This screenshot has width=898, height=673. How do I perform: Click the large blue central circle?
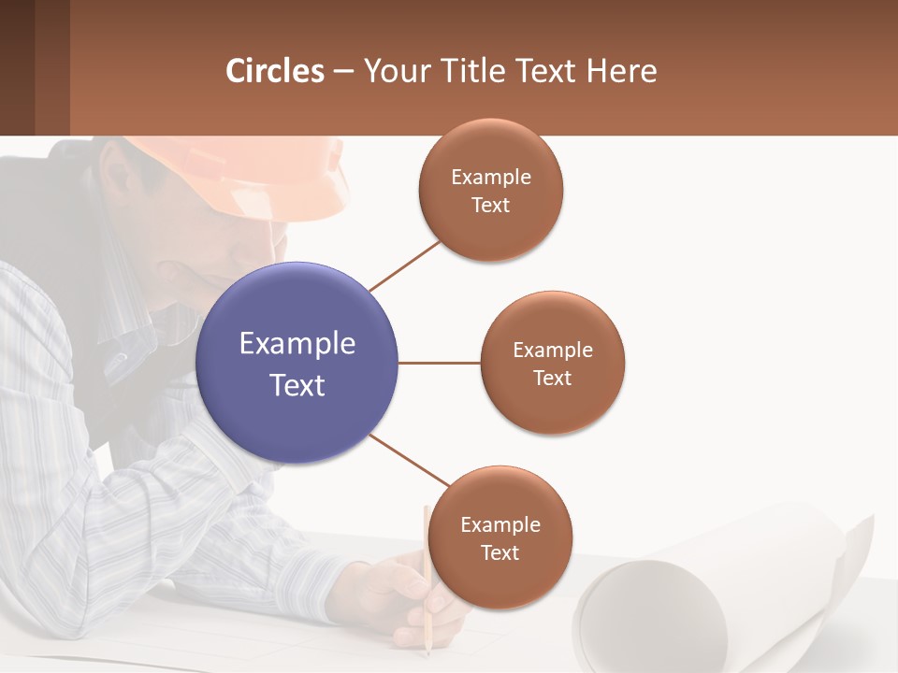tap(297, 363)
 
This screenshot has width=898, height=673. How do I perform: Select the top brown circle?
tap(490, 190)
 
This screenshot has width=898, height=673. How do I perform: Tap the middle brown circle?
tap(552, 363)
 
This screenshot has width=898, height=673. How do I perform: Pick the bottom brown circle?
tap(500, 537)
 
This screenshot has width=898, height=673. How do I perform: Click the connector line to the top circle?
tap(404, 265)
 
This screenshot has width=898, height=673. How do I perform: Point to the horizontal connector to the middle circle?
tap(440, 363)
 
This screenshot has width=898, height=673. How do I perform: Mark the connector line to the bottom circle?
tap(410, 461)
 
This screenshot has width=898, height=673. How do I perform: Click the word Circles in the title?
tap(275, 71)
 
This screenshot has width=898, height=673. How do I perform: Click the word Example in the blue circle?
tap(297, 344)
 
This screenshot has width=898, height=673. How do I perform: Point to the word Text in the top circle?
tap(490, 205)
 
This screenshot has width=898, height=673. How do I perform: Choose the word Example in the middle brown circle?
tap(552, 350)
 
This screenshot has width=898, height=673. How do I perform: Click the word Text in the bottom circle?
tap(500, 552)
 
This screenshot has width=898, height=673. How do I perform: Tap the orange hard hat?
tap(262, 173)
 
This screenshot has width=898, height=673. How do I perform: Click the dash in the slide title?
tap(343, 72)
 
